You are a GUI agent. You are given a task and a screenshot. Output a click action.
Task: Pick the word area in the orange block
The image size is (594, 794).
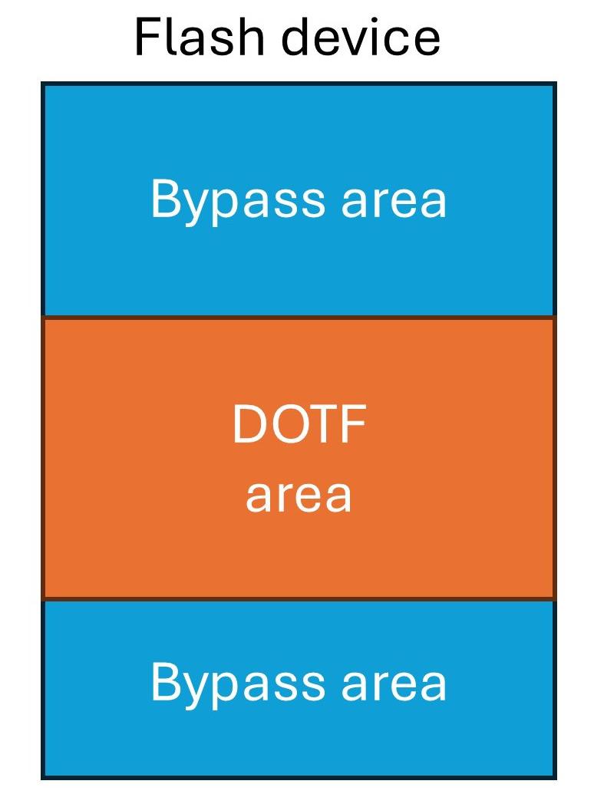click(x=299, y=495)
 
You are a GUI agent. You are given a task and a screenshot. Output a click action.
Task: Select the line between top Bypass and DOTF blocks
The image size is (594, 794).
click(x=299, y=317)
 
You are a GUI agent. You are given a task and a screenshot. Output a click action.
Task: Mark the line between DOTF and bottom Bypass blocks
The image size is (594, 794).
click(x=299, y=598)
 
